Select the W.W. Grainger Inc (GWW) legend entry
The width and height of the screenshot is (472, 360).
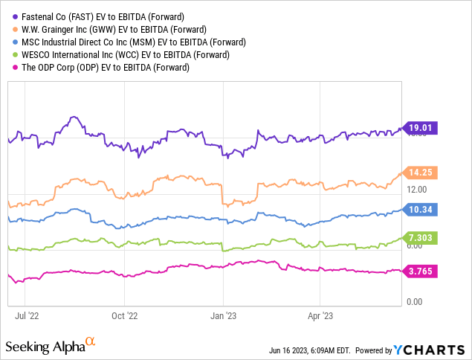tap(105, 28)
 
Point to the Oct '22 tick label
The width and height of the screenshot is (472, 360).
tap(126, 315)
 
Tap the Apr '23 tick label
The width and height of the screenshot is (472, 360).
tap(319, 315)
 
